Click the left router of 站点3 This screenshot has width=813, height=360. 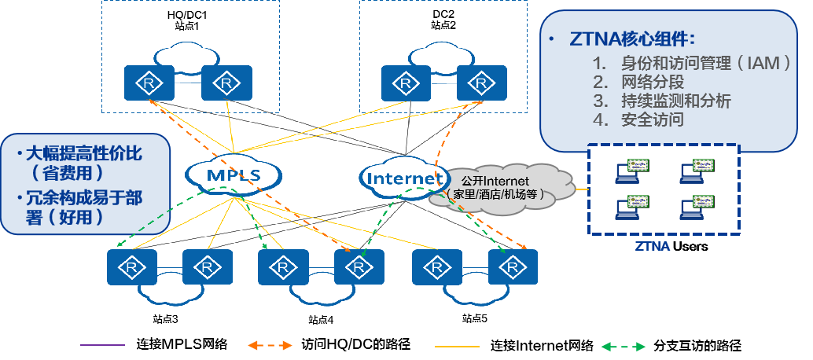(x=132, y=267)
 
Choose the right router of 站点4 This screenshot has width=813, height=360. (x=359, y=267)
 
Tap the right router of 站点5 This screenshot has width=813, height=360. (x=512, y=267)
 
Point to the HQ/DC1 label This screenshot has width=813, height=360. (x=187, y=14)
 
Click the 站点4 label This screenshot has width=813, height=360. (x=321, y=319)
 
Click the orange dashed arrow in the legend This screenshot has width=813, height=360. (x=271, y=345)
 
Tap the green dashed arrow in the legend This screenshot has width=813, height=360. (x=623, y=345)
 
